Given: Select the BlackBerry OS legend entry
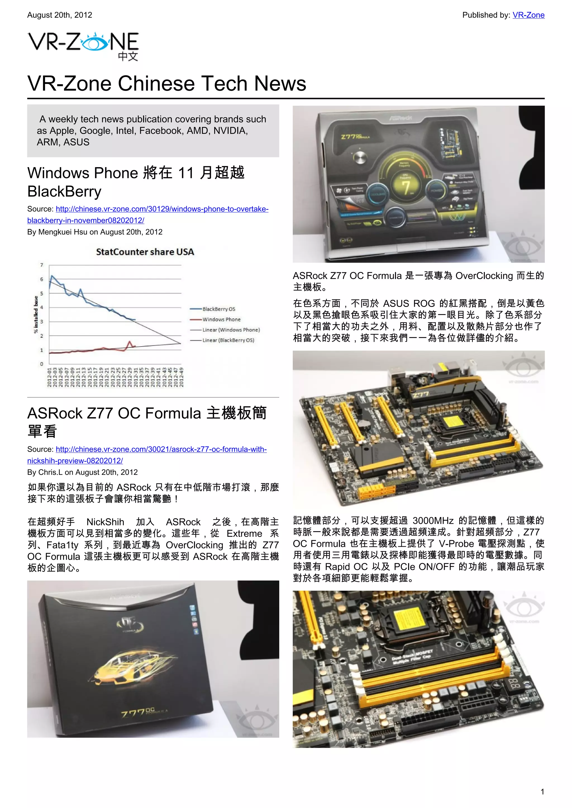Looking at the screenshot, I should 218,309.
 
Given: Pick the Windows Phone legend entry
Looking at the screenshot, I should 221,319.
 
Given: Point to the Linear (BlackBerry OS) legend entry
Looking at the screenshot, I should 228,340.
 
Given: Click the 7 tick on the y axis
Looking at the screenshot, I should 42,265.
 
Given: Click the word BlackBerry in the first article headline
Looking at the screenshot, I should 65,192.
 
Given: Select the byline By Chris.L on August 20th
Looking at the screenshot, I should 82,472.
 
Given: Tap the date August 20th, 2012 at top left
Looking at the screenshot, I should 59,15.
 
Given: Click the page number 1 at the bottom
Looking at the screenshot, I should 542,792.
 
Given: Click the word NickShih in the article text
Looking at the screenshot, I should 105,522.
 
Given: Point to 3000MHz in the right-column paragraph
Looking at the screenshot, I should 433,520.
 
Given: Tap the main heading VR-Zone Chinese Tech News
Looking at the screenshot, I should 166,84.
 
